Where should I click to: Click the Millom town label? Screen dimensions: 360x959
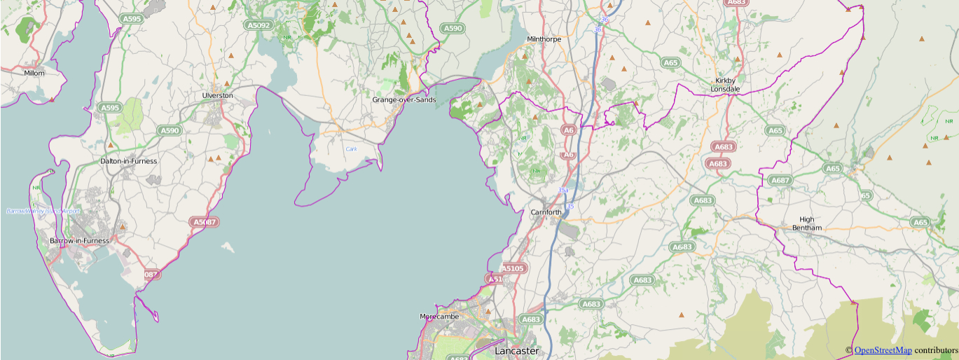click(34, 73)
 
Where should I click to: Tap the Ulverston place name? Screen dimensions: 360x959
click(217, 95)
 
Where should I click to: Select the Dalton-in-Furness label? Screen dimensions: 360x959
click(129, 161)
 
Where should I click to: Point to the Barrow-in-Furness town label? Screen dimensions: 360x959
click(80, 241)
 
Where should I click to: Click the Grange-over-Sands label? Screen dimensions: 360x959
click(403, 100)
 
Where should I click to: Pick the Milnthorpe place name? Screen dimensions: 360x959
click(544, 39)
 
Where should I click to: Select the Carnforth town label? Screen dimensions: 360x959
click(546, 212)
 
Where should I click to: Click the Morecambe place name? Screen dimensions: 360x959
click(439, 317)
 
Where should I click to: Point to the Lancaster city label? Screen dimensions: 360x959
click(517, 350)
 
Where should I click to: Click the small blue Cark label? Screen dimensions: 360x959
click(352, 149)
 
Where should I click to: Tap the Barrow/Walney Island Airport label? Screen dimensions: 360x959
click(43, 211)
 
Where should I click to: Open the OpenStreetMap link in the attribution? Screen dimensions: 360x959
click(883, 350)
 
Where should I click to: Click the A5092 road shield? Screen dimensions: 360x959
click(258, 25)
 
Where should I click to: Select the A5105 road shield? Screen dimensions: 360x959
click(512, 268)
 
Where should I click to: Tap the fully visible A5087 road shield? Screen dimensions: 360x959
click(205, 222)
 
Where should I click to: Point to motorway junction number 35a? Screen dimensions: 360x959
click(564, 190)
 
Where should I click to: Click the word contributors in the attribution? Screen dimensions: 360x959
click(936, 350)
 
